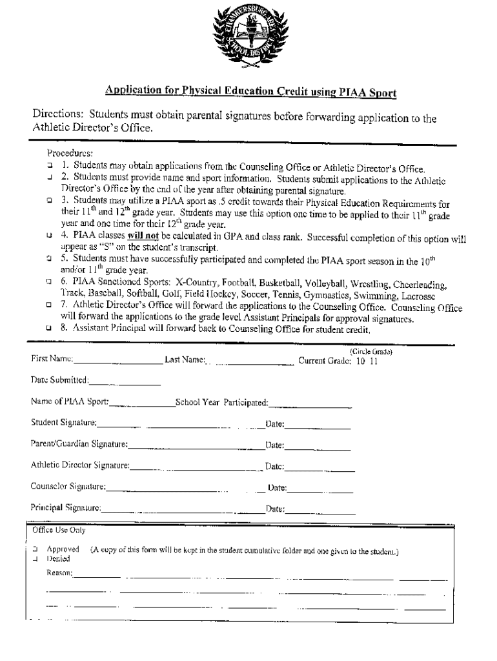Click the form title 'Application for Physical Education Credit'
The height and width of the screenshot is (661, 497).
pos(250,93)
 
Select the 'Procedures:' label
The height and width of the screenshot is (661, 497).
pos(70,153)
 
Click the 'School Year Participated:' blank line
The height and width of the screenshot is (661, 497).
pos(310,405)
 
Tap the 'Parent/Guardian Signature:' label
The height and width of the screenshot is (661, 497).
pos(79,445)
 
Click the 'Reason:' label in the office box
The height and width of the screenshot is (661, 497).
pos(59,573)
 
